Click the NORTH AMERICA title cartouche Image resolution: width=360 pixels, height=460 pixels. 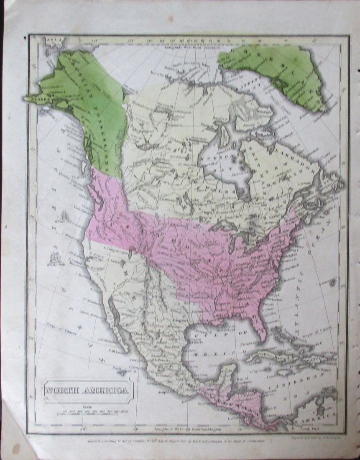pyautogui.click(x=88, y=391)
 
